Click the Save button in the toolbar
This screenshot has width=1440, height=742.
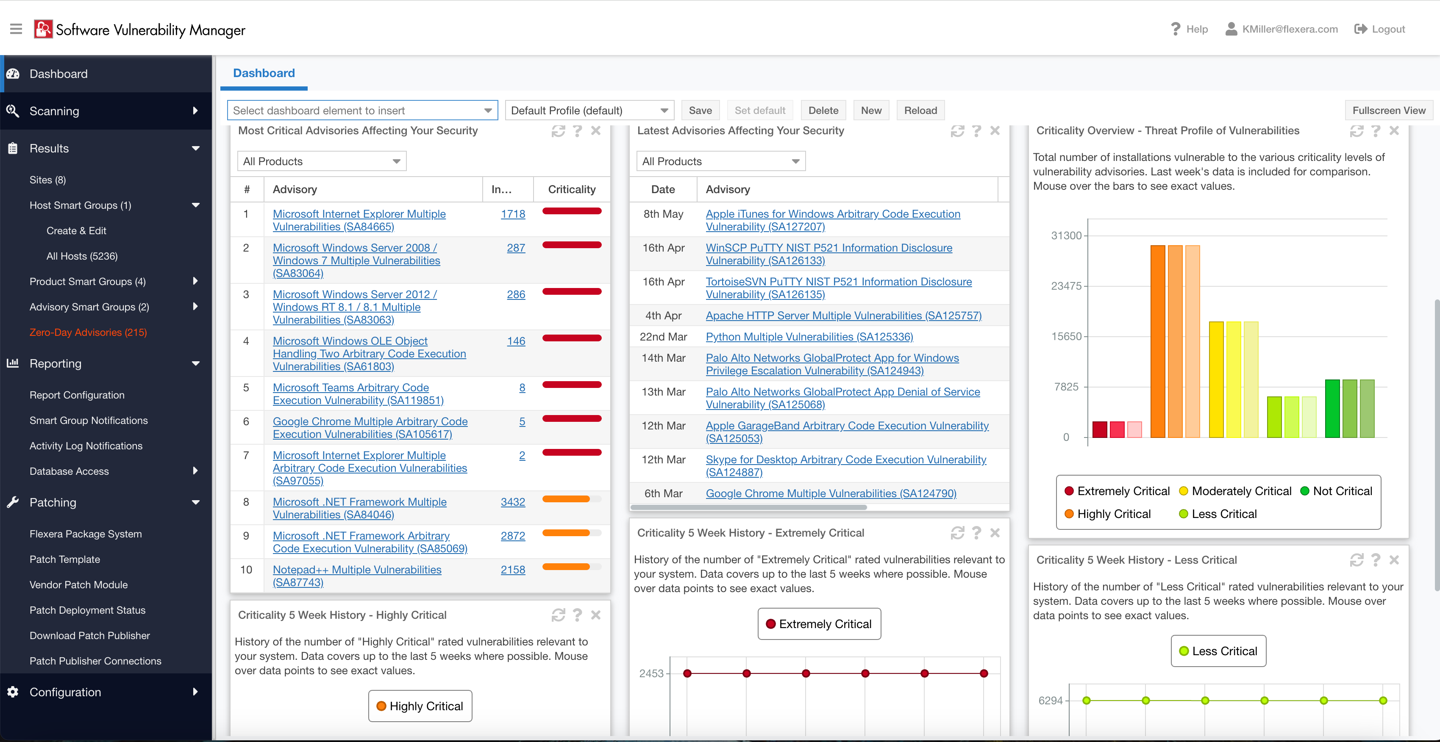(700, 110)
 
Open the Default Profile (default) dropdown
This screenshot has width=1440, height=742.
(589, 110)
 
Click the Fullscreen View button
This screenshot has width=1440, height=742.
(1389, 110)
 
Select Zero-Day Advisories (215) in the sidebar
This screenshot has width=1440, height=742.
(88, 332)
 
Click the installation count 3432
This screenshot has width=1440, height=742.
(513, 502)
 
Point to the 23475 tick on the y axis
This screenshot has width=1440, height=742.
(1066, 285)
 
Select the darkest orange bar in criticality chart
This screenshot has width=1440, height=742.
(1157, 341)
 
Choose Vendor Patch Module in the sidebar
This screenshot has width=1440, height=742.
(78, 584)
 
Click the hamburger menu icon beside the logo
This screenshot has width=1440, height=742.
(16, 29)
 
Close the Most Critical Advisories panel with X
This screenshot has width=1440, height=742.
(596, 131)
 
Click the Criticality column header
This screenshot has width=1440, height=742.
(571, 189)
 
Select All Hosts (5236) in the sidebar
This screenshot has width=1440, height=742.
(82, 256)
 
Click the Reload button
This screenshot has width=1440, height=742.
(920, 110)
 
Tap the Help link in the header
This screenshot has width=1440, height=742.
(1189, 29)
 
